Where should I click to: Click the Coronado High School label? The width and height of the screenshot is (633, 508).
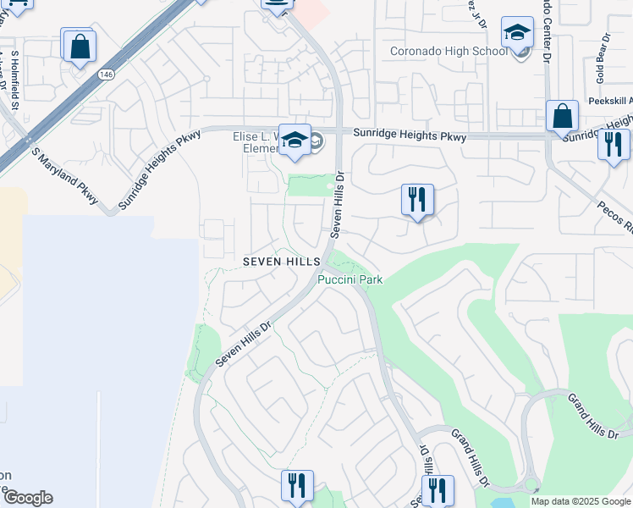449,51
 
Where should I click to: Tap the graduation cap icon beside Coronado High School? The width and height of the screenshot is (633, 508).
517,34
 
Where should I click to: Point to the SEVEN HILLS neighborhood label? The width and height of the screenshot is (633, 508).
282,262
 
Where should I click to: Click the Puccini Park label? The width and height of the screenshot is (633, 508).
350,279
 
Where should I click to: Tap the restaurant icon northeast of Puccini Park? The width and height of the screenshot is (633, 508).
417,201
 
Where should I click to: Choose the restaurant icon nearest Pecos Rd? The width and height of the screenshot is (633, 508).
614,145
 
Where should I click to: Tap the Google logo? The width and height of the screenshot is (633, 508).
28,498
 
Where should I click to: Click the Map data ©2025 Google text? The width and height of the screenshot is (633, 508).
581,501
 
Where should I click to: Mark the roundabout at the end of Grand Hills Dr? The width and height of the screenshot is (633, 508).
531,485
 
